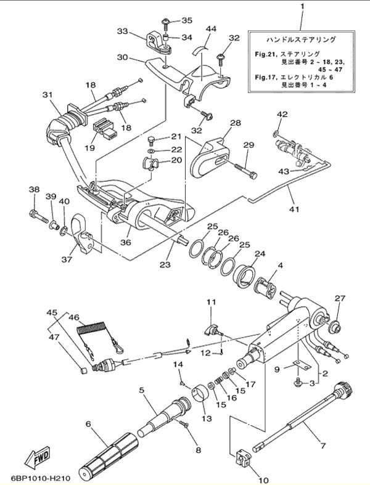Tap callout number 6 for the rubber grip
pos(88,425)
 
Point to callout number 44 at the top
pos(211,29)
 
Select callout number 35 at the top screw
pos(186,20)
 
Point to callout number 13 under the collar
pos(205,419)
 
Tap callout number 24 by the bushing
pos(260,254)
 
